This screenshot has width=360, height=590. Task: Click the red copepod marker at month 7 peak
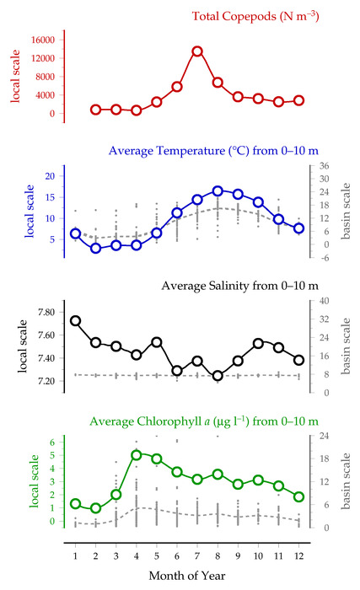[x=197, y=51]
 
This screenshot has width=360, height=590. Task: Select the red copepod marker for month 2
[x=95, y=110]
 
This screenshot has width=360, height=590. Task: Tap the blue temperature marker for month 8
[x=218, y=190]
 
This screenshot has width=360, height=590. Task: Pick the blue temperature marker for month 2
[x=95, y=248]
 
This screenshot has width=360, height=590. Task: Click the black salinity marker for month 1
[x=75, y=320]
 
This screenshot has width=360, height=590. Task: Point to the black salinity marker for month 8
[x=218, y=376]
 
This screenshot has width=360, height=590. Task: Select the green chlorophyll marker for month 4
[x=137, y=455]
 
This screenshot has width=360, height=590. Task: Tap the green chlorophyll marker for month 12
[x=299, y=496]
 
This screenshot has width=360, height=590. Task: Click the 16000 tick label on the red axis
[x=42, y=40]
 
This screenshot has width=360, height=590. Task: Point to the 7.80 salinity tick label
[x=46, y=313]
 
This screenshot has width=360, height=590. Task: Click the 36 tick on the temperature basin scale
[x=325, y=166]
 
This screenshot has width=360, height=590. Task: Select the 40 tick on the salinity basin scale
[x=325, y=301]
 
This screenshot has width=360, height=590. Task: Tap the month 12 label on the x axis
[x=299, y=555]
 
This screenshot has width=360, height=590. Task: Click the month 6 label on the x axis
[x=177, y=555]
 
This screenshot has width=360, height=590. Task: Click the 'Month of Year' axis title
[x=187, y=576]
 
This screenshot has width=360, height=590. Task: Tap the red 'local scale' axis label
[x=14, y=76]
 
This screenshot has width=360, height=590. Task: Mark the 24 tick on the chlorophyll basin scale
[x=325, y=436]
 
